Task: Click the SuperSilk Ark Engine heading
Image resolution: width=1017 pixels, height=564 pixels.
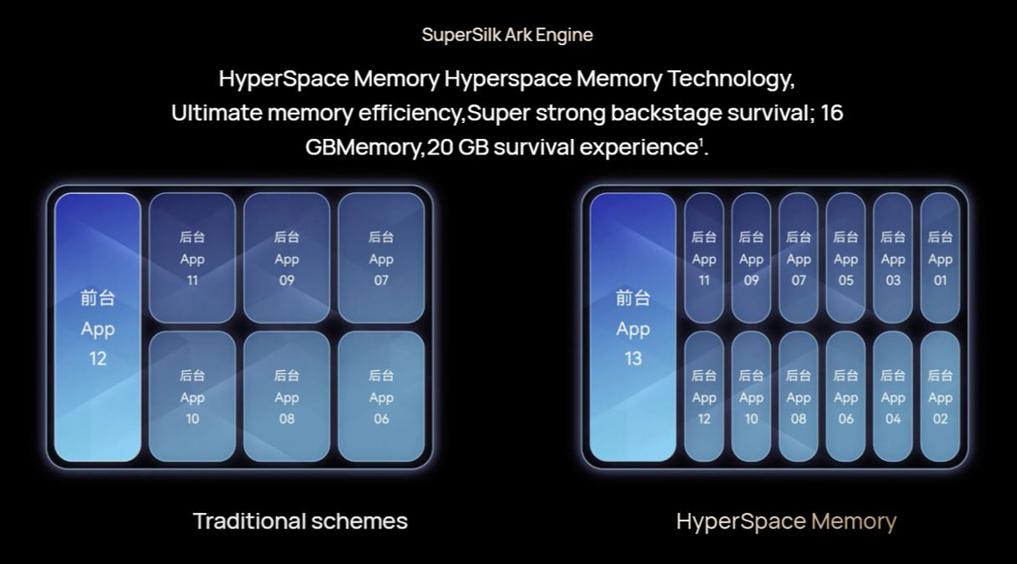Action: [x=508, y=35]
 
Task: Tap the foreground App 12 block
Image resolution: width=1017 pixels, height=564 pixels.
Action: [x=97, y=327]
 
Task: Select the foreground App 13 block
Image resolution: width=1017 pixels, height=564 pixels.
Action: [x=633, y=327]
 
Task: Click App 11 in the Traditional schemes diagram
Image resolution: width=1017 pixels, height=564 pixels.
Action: [x=192, y=258]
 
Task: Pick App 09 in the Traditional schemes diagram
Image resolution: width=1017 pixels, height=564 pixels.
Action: [x=286, y=258]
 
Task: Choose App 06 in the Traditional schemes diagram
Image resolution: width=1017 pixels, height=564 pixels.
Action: [x=381, y=396]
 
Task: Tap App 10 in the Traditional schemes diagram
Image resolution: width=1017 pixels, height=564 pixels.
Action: [x=192, y=396]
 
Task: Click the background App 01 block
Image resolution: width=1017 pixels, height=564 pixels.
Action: [x=940, y=258]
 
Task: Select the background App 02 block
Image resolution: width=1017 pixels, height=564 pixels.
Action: [x=940, y=396]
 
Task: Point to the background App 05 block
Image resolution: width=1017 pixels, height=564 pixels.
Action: [x=846, y=258]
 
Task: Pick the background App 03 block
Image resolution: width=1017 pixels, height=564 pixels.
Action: [x=893, y=258]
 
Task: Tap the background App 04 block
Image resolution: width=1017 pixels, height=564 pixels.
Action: [x=893, y=396]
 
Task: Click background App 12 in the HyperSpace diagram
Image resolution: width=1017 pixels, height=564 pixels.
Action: [x=704, y=396]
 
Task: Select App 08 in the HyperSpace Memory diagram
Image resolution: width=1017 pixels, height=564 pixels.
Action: [x=798, y=396]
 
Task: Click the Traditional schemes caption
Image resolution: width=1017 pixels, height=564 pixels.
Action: [x=300, y=520]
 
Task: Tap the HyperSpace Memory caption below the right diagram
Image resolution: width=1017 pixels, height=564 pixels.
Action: [x=786, y=520]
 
